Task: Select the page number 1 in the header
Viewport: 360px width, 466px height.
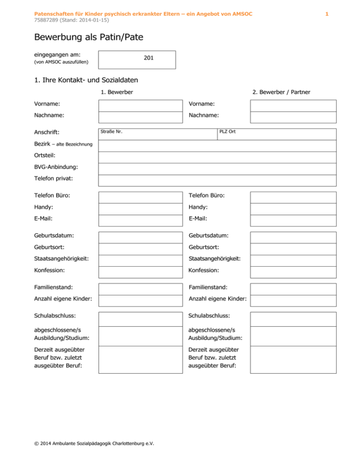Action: (327, 15)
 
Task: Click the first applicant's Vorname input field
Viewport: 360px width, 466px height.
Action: (141, 105)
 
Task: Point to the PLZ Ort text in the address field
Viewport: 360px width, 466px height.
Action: (227, 131)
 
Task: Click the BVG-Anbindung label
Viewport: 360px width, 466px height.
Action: (56, 166)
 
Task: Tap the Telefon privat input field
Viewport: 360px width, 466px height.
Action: (217, 180)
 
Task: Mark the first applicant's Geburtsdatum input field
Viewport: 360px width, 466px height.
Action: (141, 237)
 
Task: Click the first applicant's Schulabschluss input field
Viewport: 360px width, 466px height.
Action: (141, 319)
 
